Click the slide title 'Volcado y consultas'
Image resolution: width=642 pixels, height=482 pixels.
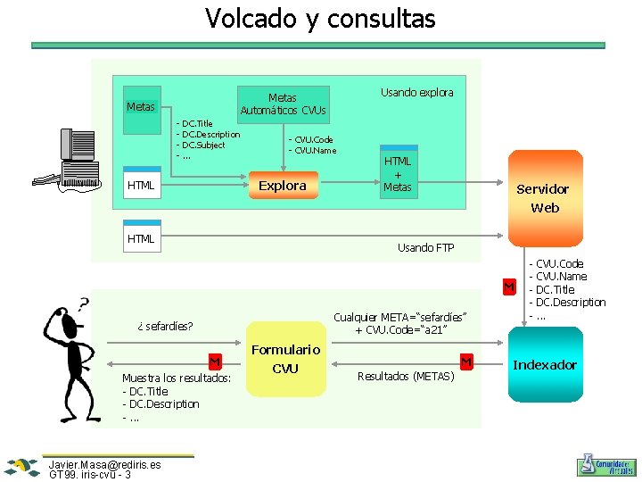320,18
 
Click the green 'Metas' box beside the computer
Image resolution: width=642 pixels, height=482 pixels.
141,108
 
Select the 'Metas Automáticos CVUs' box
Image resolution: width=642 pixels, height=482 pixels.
283,104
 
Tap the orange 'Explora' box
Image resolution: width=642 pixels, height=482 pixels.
282,186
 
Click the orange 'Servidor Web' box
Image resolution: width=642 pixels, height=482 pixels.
544,197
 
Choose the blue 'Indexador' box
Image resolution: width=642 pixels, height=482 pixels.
544,364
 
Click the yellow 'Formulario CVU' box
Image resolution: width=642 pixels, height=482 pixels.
284,359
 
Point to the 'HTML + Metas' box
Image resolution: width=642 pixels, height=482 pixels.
397,171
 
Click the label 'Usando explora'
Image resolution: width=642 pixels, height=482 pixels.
416,92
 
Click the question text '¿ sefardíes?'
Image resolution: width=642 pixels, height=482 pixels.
166,326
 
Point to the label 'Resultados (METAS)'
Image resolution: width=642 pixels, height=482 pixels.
406,376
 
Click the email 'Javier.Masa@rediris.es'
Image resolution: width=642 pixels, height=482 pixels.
105,465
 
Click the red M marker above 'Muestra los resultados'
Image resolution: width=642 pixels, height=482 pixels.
214,361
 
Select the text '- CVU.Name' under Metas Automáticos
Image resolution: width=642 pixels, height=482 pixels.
312,150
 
